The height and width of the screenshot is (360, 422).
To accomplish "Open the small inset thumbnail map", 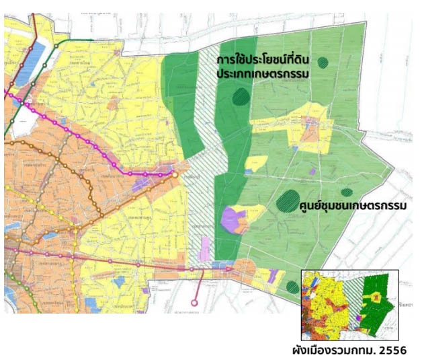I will [349, 303].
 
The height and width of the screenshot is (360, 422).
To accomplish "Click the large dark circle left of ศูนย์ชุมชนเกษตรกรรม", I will [288, 200].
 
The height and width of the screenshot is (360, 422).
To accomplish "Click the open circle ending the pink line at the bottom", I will [195, 303].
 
